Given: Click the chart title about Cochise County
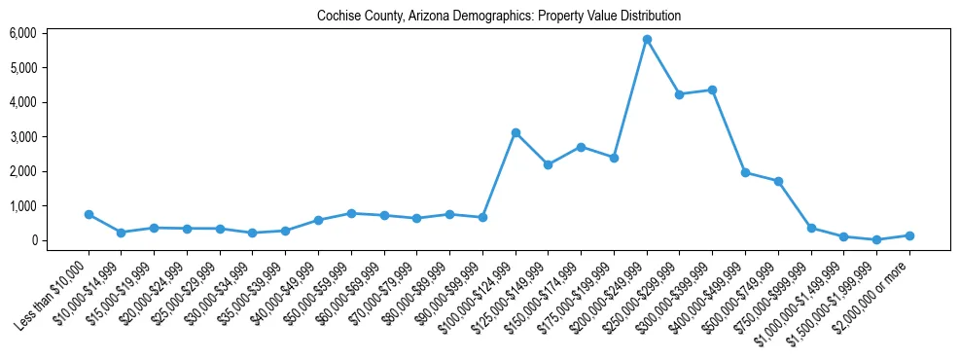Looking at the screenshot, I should click(499, 17).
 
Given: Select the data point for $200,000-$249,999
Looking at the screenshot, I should click(647, 40).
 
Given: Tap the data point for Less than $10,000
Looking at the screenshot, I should click(89, 214).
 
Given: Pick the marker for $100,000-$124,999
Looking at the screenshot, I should click(516, 132).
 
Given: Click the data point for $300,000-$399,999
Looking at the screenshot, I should click(713, 90).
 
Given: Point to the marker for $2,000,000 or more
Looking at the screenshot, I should click(909, 235).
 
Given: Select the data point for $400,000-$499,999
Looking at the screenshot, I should click(745, 172).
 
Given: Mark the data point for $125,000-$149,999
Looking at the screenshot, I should click(549, 164).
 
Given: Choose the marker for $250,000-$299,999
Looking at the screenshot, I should click(680, 94).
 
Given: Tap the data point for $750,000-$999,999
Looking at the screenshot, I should click(811, 228).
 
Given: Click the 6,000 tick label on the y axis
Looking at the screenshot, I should click(22, 33).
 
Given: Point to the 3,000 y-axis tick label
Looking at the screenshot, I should click(22, 137).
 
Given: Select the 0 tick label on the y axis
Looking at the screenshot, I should click(33, 240).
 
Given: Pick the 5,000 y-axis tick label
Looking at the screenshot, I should click(22, 68).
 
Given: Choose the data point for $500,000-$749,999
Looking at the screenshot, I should click(778, 181).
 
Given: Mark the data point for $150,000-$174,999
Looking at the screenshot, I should click(581, 147).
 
